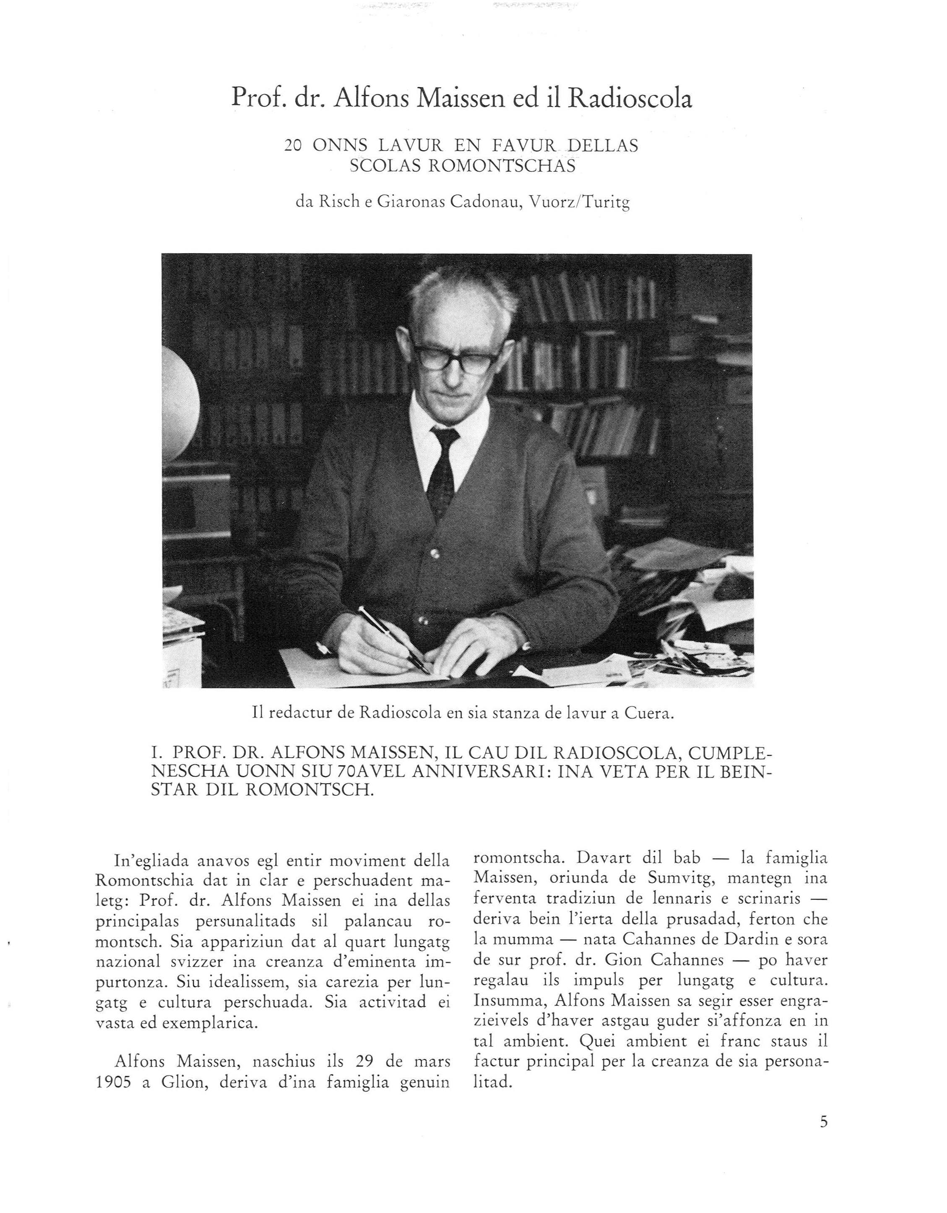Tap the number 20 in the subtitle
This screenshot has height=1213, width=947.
pos(293,146)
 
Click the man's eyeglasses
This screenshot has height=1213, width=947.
pos(455,358)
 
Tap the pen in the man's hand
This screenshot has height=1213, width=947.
pos(391,639)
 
